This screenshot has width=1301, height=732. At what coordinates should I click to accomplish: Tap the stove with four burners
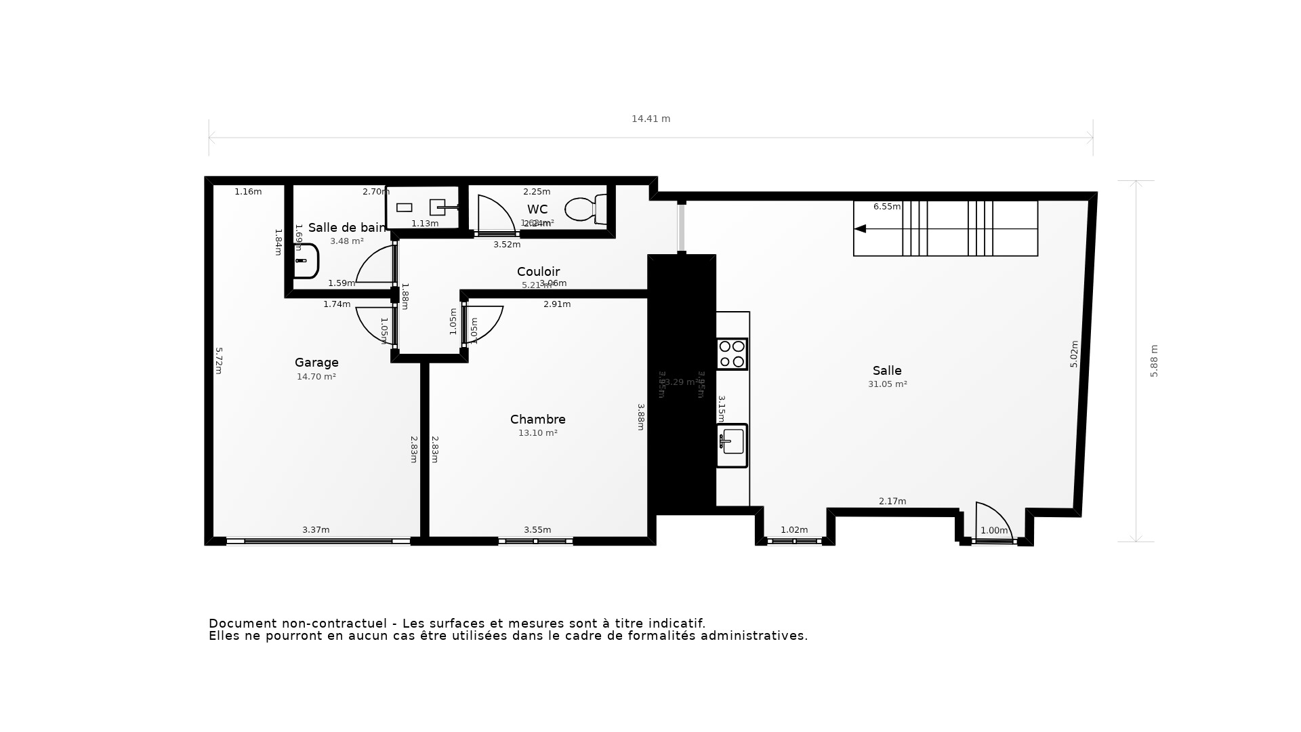(x=732, y=354)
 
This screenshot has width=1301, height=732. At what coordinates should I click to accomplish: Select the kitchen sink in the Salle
(x=732, y=445)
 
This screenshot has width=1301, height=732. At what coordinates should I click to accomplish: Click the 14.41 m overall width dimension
(x=650, y=119)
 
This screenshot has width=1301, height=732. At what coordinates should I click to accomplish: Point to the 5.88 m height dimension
(x=1154, y=361)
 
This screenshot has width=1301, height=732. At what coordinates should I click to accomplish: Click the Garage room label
(x=316, y=363)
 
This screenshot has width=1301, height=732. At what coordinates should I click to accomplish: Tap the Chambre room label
(x=537, y=420)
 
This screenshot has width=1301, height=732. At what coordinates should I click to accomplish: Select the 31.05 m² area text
(x=887, y=384)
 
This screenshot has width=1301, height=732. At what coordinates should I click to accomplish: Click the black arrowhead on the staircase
(x=860, y=229)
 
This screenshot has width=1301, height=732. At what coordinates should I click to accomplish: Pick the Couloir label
(x=538, y=272)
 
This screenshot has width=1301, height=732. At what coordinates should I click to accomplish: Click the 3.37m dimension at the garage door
(x=316, y=530)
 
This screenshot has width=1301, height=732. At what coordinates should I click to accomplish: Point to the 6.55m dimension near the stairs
(x=886, y=207)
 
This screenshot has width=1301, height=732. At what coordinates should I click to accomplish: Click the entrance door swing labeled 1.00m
(x=993, y=522)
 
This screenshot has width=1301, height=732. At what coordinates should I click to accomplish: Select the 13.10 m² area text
(x=537, y=433)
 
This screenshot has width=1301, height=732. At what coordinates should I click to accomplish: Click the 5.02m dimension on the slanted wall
(x=1074, y=354)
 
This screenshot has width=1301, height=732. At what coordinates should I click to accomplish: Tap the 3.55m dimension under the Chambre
(x=537, y=530)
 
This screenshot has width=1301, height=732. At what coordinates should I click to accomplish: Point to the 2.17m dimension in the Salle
(x=892, y=502)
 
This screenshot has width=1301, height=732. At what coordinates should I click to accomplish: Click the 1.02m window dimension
(x=794, y=530)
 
